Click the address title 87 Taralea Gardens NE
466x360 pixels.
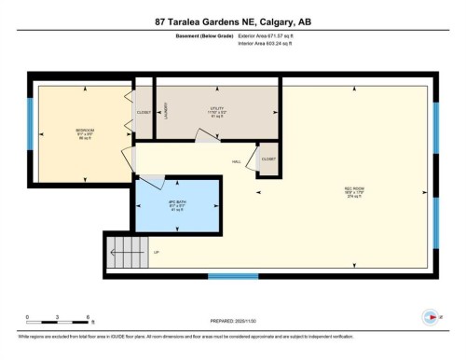(232, 21)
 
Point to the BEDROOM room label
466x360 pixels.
(85, 132)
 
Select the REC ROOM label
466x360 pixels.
(353, 189)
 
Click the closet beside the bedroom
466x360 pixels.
(144, 112)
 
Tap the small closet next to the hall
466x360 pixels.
(268, 159)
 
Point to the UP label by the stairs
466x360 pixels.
(156, 253)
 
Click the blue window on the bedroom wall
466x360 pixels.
(31, 130)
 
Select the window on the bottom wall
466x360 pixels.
(232, 276)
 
